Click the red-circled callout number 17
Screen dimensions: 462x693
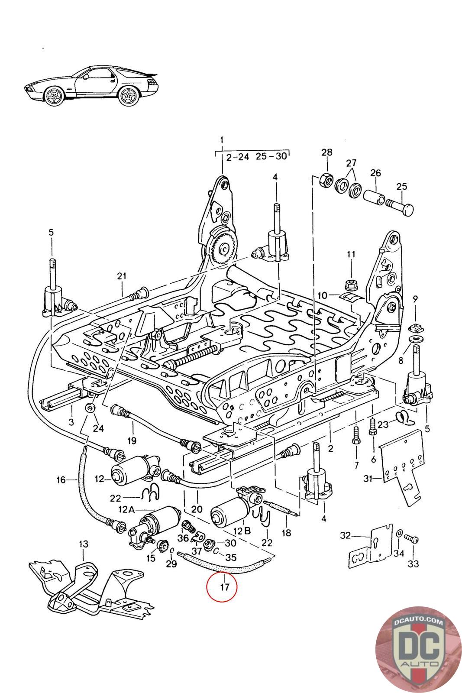point(224,586)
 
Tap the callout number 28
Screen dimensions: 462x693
point(327,152)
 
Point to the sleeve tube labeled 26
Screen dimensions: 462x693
point(374,196)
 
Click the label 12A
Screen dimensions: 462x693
point(127,509)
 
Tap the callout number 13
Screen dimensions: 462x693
point(84,543)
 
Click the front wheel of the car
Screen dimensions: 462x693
point(54,96)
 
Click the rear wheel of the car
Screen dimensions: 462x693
point(128,96)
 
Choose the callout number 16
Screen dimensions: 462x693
point(61,479)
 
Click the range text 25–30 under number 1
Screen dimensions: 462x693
point(271,156)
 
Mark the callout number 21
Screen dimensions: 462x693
point(122,275)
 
